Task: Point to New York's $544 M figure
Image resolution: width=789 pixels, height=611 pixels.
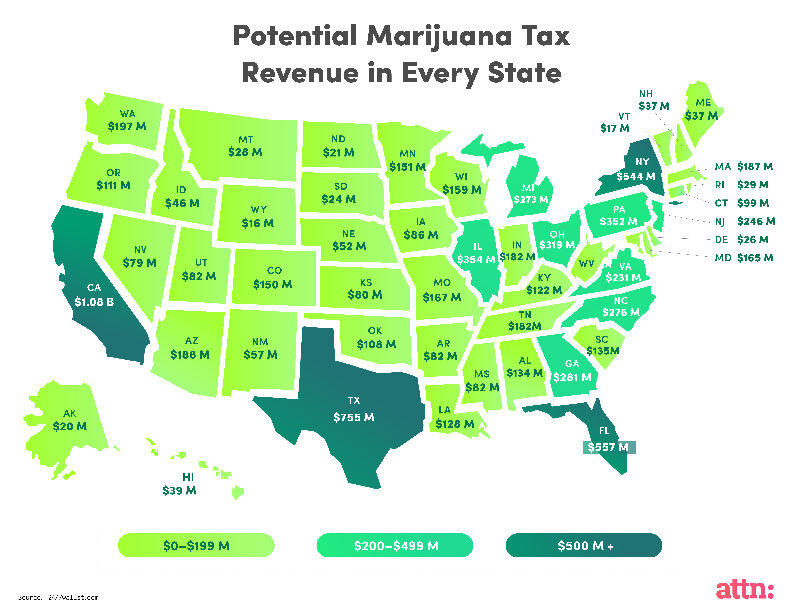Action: pyautogui.click(x=636, y=176)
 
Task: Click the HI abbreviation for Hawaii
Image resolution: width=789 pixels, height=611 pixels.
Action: pyautogui.click(x=188, y=477)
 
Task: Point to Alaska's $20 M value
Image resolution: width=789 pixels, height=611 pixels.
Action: pyautogui.click(x=70, y=427)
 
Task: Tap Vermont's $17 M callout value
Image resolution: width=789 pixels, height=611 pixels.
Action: pyautogui.click(x=614, y=128)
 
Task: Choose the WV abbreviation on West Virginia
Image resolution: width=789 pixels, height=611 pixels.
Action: pyautogui.click(x=586, y=264)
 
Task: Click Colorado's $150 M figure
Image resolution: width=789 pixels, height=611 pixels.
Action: pyautogui.click(x=272, y=285)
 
